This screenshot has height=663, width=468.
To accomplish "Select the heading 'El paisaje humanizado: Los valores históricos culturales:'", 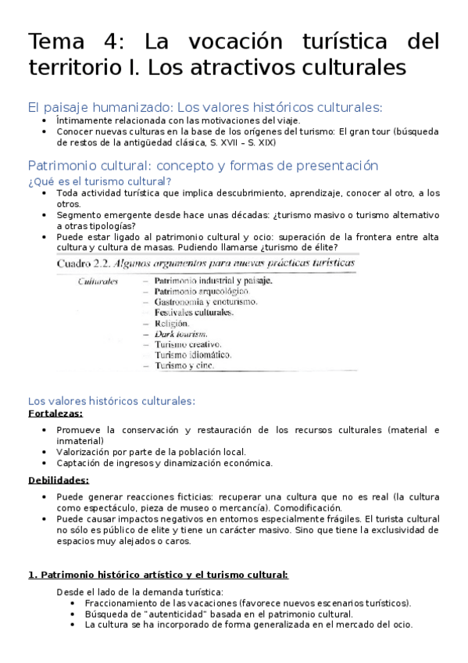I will click(x=205, y=108).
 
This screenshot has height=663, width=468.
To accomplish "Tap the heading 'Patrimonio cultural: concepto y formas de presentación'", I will click(x=202, y=166).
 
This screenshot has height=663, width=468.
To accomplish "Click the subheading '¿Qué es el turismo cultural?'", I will click(x=99, y=181).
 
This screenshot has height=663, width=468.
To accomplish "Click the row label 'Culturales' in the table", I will click(x=98, y=280).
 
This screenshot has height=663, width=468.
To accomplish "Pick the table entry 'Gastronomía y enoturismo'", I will click(x=205, y=301).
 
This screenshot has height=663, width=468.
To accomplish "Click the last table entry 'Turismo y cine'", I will click(x=183, y=365).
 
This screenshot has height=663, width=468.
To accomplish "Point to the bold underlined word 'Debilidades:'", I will click(x=59, y=480).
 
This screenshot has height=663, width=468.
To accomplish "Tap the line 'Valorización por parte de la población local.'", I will click(x=152, y=451).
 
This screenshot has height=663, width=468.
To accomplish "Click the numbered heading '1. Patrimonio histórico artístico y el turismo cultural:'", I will click(x=158, y=575).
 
